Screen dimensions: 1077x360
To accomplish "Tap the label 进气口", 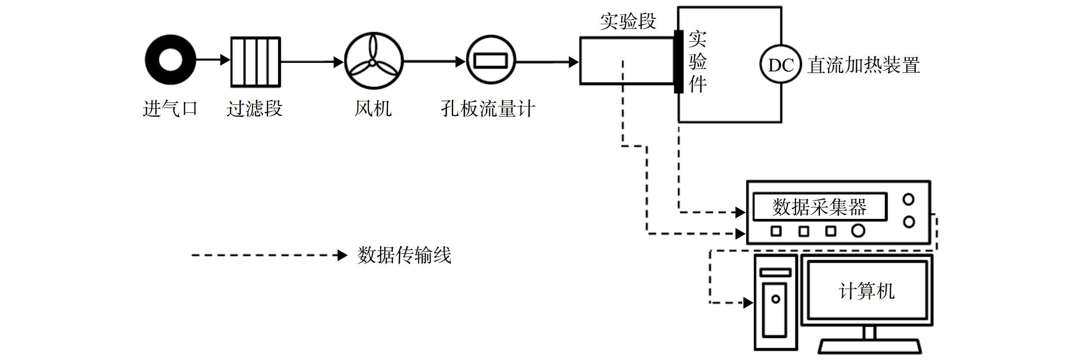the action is click(170, 109).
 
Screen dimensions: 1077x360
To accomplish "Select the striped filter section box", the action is click(256, 62).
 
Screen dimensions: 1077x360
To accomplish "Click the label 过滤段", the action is click(254, 109).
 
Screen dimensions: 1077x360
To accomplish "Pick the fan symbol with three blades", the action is click(374, 61).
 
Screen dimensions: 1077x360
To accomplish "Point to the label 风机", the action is click(373, 109).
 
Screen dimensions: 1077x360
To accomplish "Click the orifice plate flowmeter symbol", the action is click(491, 60).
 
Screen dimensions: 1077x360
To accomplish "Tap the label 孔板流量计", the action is click(488, 109).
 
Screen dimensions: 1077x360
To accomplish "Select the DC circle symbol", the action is click(781, 65).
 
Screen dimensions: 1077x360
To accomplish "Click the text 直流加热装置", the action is click(864, 65).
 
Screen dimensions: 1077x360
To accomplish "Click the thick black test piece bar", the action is click(679, 62).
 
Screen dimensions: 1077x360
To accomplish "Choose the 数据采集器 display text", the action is click(819, 207).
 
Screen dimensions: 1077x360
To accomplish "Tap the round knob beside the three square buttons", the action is click(858, 231).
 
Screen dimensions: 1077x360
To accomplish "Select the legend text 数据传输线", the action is click(404, 255).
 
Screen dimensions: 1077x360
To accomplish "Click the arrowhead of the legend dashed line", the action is click(342, 255).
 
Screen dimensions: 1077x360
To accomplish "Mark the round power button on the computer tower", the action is click(776, 299).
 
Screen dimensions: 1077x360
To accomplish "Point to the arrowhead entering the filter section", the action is click(225, 59).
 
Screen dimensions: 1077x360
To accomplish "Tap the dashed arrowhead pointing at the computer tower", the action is click(748, 303).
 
